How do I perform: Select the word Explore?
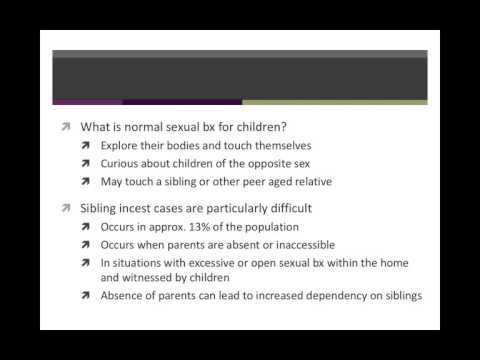(x=121, y=146)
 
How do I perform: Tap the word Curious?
(x=120, y=164)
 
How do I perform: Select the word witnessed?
(x=182, y=277)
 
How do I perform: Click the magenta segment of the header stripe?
(x=87, y=102)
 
